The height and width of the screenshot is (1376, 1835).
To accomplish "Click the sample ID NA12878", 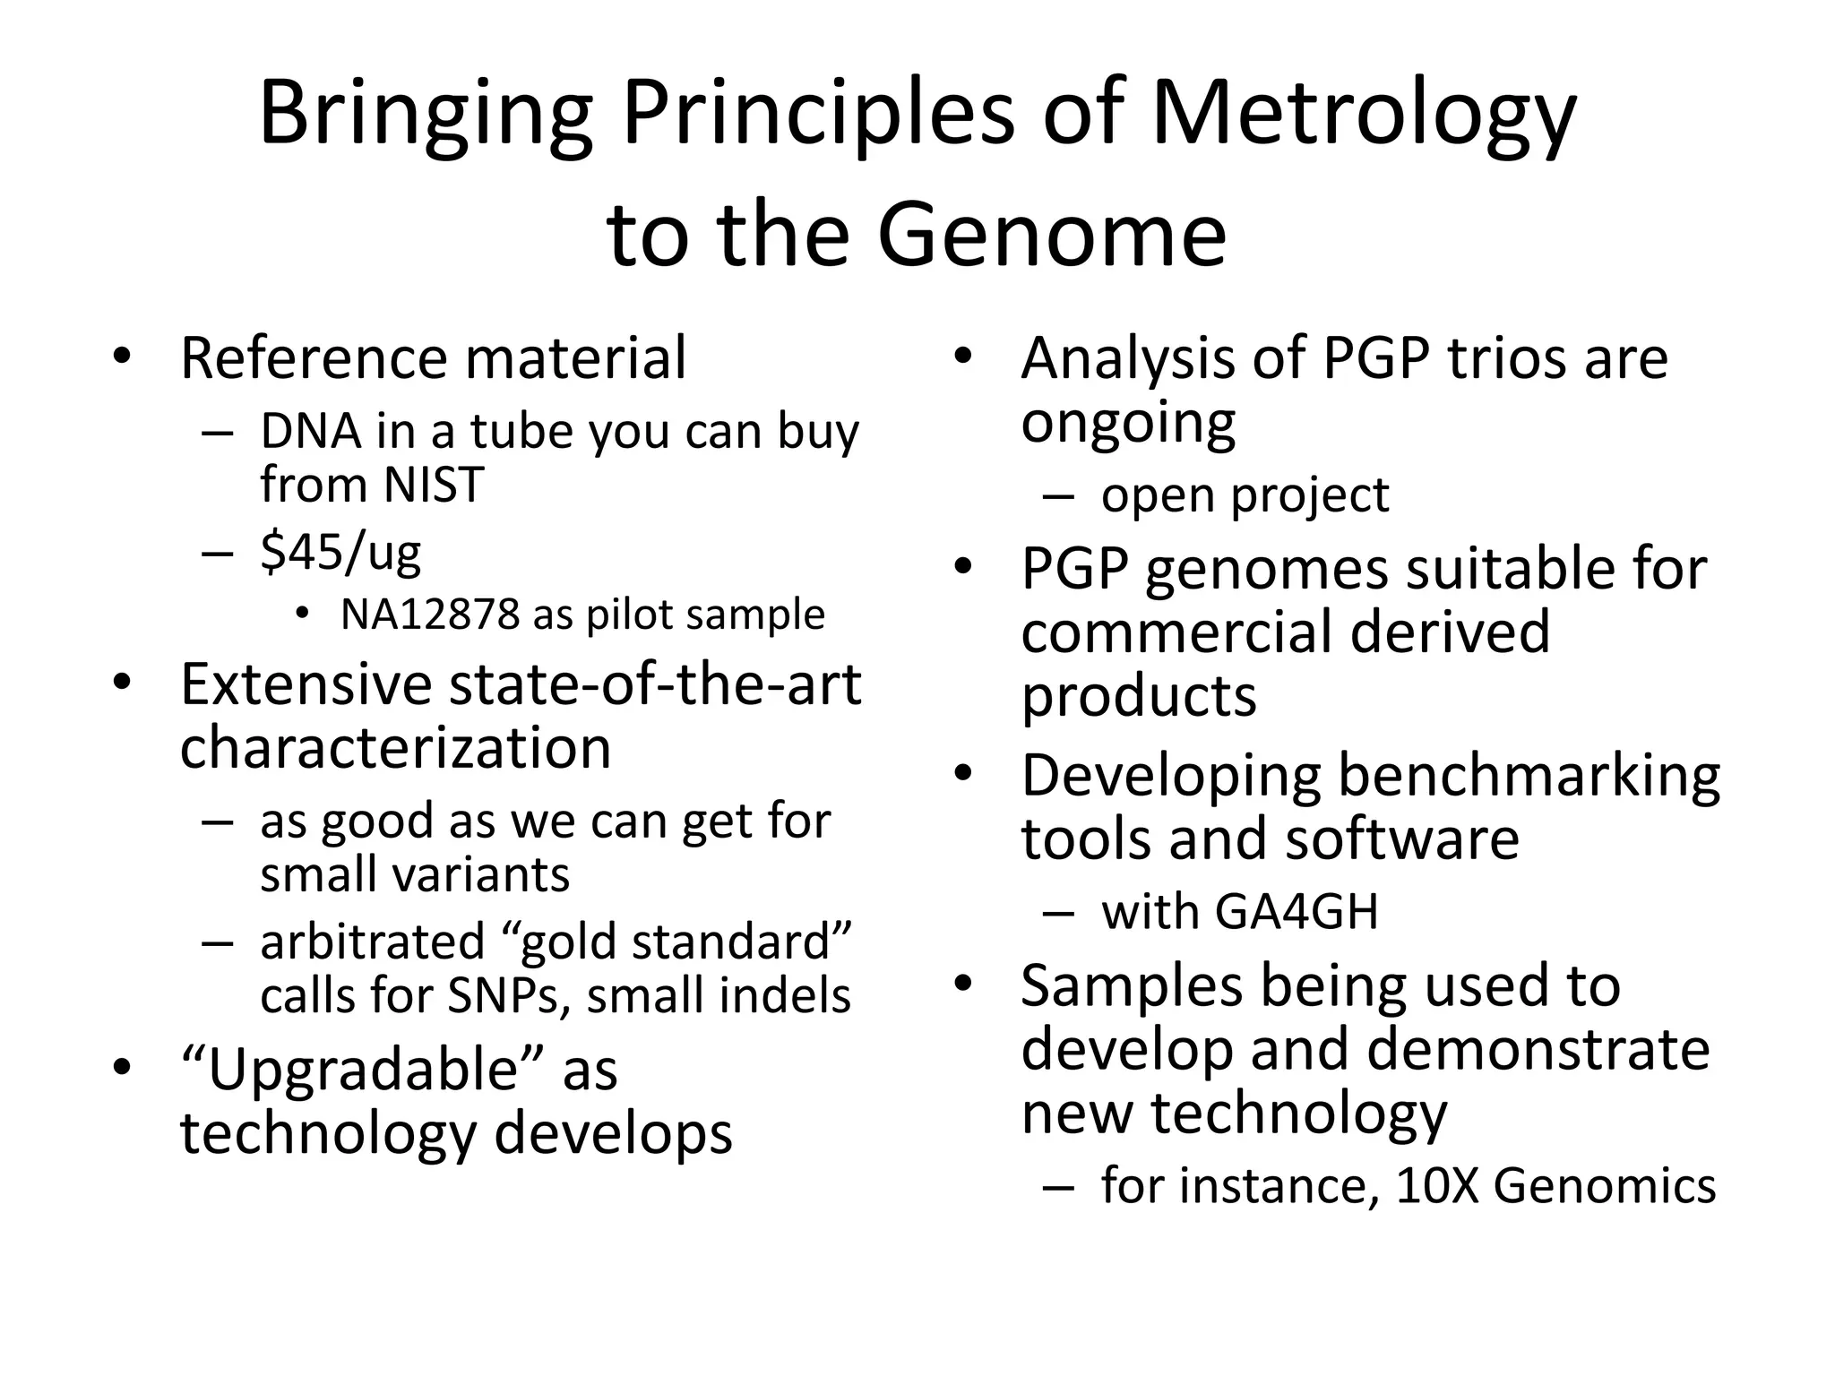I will tap(430, 615).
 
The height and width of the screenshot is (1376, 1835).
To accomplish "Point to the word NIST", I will tap(434, 485).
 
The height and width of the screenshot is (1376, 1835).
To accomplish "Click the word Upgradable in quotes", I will tap(363, 1070).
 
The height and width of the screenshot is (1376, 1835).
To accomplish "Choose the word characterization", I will tap(395, 748).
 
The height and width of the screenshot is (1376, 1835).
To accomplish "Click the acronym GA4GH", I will tap(1297, 912).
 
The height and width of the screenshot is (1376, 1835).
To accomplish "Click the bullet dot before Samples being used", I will tap(962, 985).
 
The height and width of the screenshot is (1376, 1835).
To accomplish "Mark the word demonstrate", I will tap(1538, 1049).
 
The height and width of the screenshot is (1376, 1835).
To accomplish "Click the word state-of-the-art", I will tap(654, 684).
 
